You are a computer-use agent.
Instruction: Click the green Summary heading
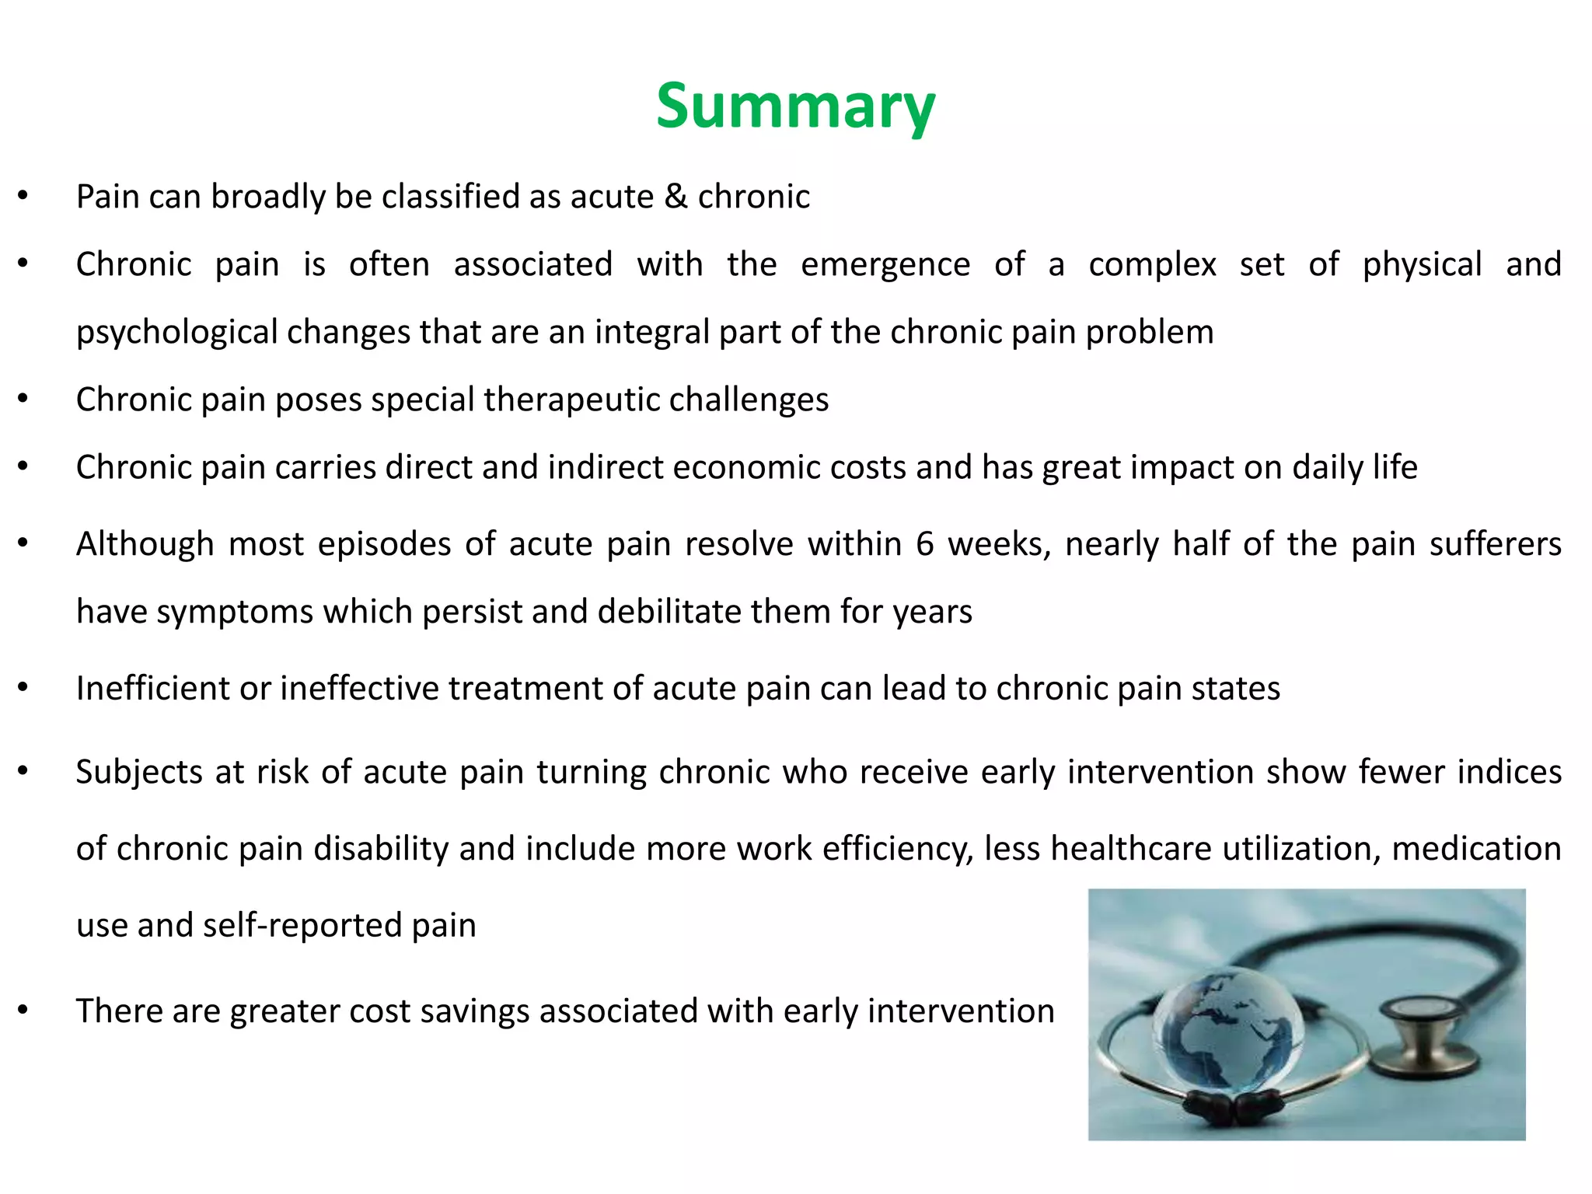[x=795, y=106]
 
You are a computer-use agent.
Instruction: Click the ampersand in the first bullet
[x=676, y=197]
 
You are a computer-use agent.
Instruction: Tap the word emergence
[x=885, y=264]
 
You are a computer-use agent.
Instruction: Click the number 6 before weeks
[x=924, y=543]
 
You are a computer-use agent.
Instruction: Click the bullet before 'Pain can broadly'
[x=23, y=197]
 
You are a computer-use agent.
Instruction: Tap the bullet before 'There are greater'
[x=23, y=1011]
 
